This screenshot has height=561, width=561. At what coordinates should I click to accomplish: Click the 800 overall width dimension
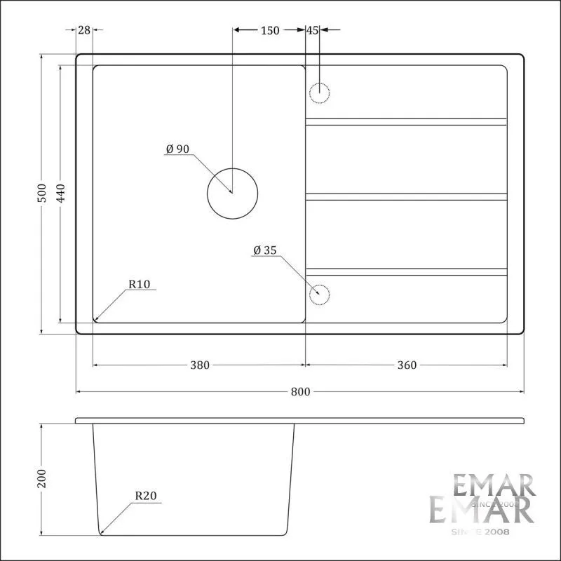click(300, 392)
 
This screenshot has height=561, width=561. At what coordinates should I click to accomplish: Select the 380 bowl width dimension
click(200, 365)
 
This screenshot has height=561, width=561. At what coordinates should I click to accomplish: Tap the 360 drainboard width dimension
click(407, 365)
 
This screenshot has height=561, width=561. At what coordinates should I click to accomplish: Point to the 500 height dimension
click(42, 194)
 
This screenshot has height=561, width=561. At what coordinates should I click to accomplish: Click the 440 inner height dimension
click(61, 194)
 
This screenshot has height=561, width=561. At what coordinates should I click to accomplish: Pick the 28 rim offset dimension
click(84, 30)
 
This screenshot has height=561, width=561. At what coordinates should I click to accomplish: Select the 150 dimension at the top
click(270, 30)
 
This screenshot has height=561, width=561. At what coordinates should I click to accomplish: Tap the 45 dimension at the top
click(312, 30)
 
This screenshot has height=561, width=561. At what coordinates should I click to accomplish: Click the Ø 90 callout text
click(177, 149)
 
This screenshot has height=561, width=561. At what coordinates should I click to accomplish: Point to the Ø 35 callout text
click(265, 250)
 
